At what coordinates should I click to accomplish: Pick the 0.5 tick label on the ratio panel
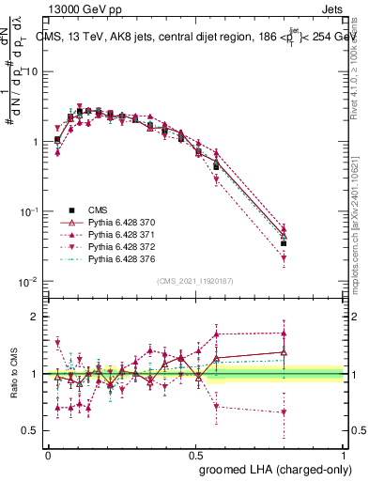(31, 430)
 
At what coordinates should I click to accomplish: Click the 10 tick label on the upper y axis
(31, 72)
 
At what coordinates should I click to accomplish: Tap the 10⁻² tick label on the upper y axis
(29, 282)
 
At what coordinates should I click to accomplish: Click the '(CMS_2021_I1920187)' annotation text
(193, 280)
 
